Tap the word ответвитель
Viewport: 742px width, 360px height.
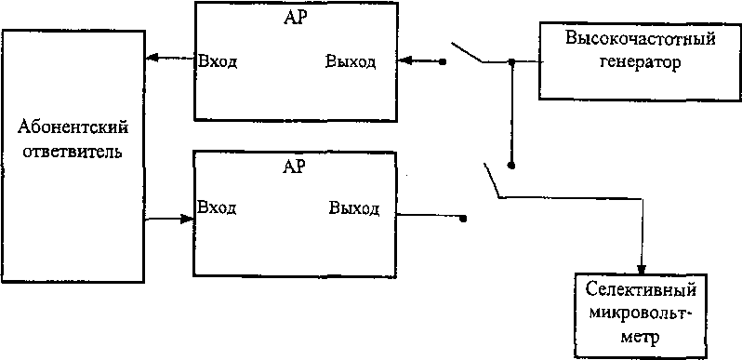[73, 153]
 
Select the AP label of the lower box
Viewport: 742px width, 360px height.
[294, 166]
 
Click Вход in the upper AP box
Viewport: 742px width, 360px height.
[218, 62]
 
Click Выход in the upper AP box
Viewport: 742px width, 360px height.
[351, 61]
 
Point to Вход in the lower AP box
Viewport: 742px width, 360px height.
[217, 207]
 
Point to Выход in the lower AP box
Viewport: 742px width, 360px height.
[354, 208]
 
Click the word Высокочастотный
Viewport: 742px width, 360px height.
[641, 38]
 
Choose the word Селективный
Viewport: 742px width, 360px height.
[641, 289]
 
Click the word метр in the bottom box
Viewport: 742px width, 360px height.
[642, 340]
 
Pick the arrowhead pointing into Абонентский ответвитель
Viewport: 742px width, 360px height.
[152, 58]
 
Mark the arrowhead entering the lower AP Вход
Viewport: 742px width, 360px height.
[188, 219]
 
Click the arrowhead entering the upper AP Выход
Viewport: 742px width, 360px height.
[405, 60]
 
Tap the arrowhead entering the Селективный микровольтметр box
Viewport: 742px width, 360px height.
[643, 267]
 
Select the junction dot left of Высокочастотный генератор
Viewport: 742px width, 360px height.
[511, 61]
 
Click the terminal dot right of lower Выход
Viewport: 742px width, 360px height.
[463, 219]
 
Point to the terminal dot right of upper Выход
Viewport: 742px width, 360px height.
[443, 61]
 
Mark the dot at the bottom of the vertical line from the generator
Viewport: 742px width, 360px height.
[510, 166]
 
